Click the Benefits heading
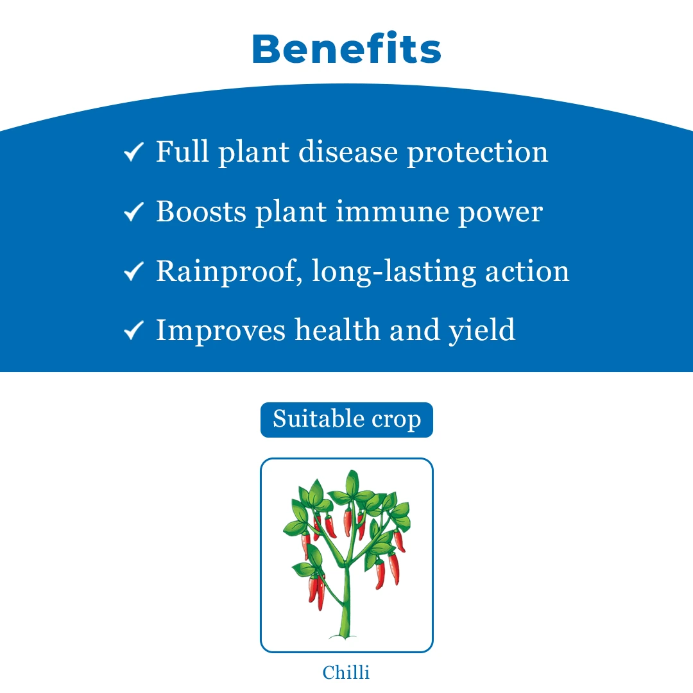(x=346, y=48)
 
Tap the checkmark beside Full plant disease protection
(x=133, y=152)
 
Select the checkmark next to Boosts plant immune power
(x=133, y=212)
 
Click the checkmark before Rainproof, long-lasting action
(x=133, y=271)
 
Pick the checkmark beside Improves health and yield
(x=133, y=330)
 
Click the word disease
(x=348, y=151)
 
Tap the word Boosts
(x=201, y=211)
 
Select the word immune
(x=393, y=212)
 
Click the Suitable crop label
(x=346, y=420)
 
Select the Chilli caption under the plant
(x=346, y=672)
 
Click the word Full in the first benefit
(x=182, y=151)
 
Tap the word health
(x=338, y=330)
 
